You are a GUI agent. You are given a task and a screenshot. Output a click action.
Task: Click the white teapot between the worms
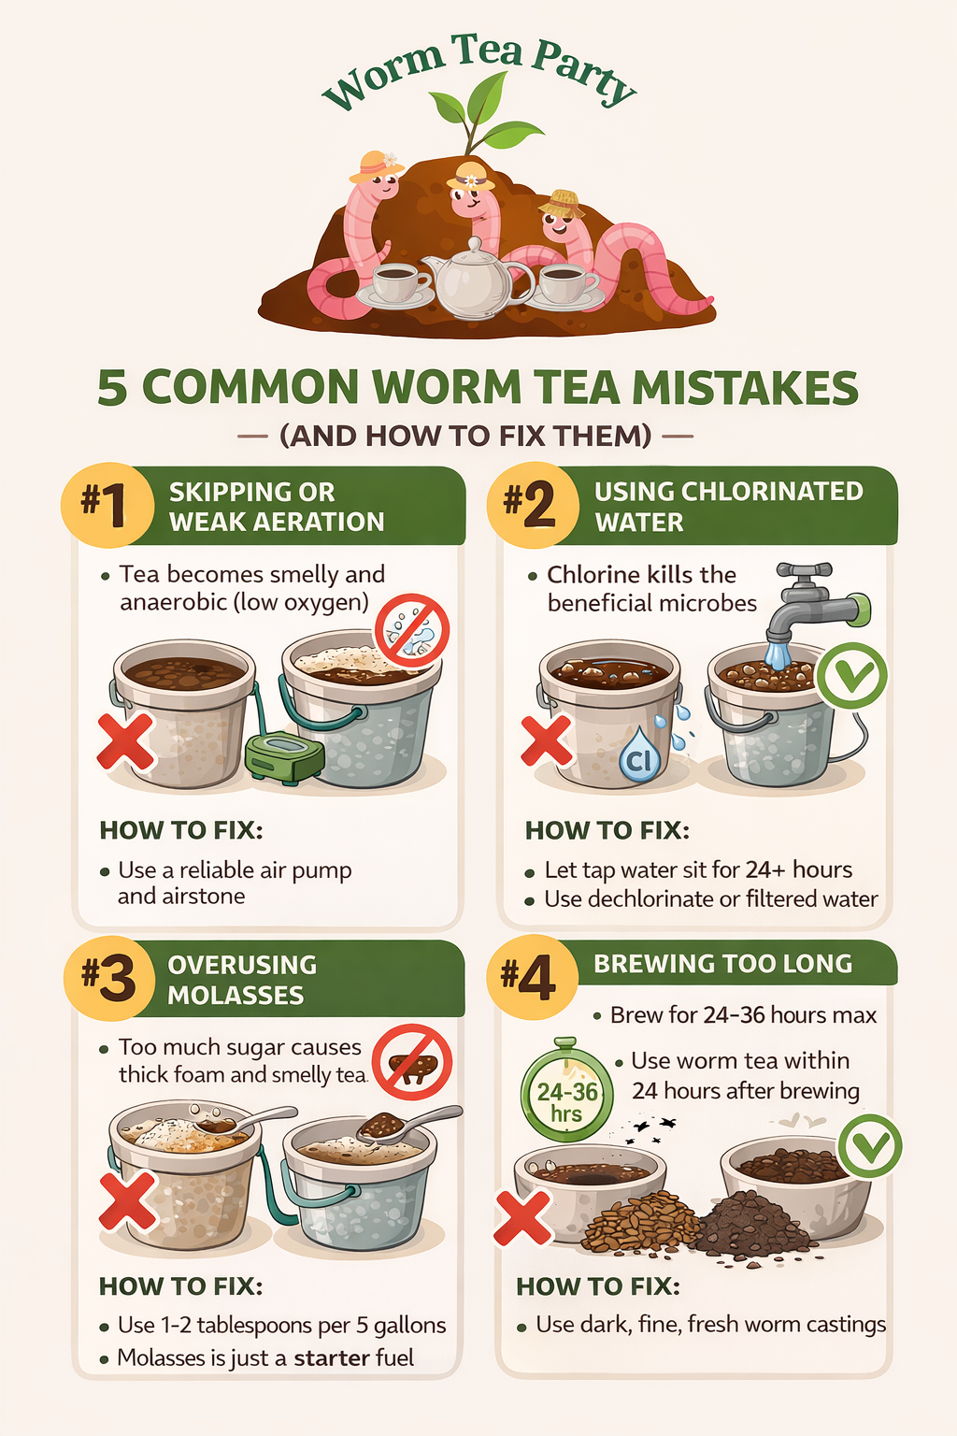click(x=477, y=279)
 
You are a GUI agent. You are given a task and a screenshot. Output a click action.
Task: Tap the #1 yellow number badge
click(x=107, y=505)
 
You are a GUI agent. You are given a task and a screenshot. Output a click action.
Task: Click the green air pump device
click(x=284, y=757)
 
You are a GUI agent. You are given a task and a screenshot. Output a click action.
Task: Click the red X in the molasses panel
click(x=127, y=1200)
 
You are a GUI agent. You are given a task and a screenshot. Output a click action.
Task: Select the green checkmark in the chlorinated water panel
click(x=851, y=675)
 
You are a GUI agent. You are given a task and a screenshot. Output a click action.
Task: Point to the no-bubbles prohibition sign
click(x=411, y=631)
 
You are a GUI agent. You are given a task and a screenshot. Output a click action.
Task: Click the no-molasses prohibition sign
click(x=412, y=1063)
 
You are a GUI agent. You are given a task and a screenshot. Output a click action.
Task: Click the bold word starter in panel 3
click(x=332, y=1357)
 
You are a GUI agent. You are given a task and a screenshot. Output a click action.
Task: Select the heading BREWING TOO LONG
click(x=723, y=964)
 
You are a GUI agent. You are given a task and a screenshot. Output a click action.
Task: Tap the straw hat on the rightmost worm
click(x=563, y=204)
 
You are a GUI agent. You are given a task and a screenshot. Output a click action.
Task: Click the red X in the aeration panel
click(x=125, y=742)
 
